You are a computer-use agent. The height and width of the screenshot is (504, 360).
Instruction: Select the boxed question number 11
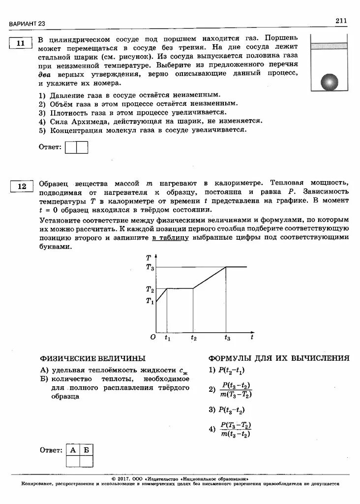pyautogui.click(x=20, y=44)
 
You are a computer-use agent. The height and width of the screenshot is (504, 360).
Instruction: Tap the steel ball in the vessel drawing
pyautogui.click(x=330, y=82)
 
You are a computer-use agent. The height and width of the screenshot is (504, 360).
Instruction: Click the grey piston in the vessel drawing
pyautogui.click(x=329, y=46)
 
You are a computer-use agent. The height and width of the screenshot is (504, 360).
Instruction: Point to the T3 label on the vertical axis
pyautogui.click(x=150, y=267)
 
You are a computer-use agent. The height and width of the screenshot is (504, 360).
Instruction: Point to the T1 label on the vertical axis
pyautogui.click(x=150, y=301)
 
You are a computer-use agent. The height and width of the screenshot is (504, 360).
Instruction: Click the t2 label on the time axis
pyautogui.click(x=193, y=338)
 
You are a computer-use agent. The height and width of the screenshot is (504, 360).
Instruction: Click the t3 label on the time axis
pyautogui.click(x=227, y=338)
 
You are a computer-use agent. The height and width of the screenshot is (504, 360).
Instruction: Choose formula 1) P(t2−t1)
pyautogui.click(x=227, y=370)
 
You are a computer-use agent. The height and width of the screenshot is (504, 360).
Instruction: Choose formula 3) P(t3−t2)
pyautogui.click(x=227, y=409)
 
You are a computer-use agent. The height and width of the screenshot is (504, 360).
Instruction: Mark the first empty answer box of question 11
pyautogui.click(x=71, y=147)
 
